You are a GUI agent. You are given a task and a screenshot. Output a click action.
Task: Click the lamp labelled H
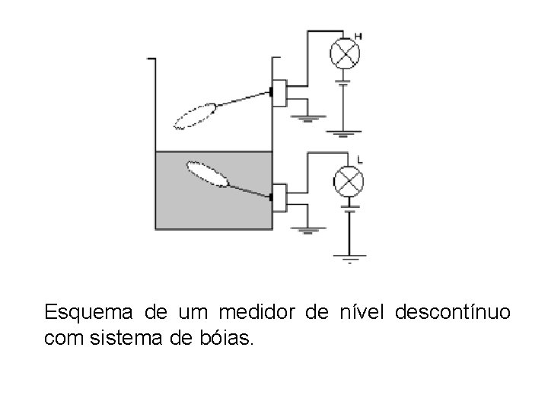click(x=344, y=53)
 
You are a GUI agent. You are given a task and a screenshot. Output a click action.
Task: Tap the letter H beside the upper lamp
click(x=358, y=35)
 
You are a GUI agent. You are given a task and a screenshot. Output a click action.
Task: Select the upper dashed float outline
click(x=196, y=116)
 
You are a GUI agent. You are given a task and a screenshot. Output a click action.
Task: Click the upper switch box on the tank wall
click(x=279, y=94)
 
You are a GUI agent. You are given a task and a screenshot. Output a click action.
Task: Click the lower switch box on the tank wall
click(x=279, y=198)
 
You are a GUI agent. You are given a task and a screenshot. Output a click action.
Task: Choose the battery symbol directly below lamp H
click(x=344, y=81)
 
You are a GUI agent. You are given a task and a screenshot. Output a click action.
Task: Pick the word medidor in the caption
click(x=257, y=313)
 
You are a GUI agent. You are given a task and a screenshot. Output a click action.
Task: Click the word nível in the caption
click(x=356, y=313)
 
